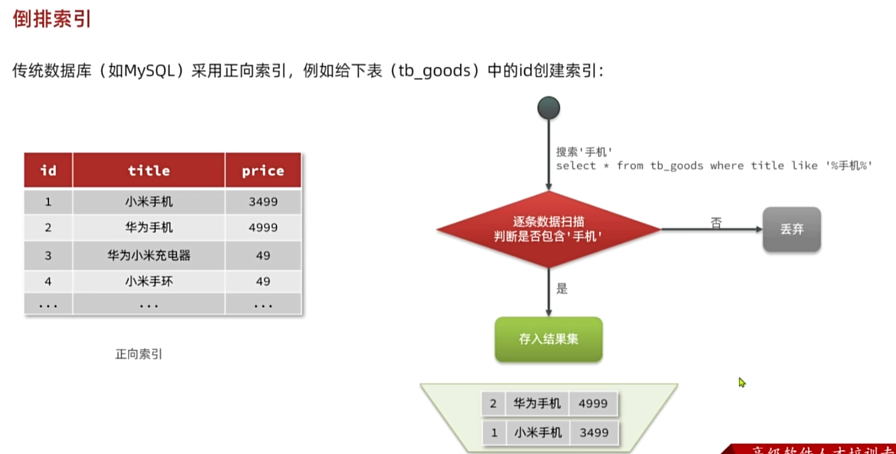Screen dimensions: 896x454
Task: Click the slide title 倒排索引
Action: (52, 18)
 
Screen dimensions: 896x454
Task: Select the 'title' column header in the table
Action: (149, 170)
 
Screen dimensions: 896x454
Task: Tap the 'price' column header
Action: (263, 170)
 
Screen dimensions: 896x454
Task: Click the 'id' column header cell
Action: (48, 170)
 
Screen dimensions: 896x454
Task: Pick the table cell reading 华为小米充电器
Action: (149, 256)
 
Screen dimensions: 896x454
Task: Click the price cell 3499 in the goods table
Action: (263, 202)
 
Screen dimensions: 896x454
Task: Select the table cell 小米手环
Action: (149, 282)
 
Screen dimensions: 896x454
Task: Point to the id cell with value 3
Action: (48, 256)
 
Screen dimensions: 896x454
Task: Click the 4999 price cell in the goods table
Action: (263, 228)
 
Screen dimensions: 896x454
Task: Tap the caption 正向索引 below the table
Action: (138, 354)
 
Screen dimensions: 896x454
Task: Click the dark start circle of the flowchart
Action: (549, 108)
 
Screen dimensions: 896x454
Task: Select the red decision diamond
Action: (549, 230)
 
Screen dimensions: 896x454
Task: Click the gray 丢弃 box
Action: (792, 229)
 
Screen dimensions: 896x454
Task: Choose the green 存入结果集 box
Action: (549, 339)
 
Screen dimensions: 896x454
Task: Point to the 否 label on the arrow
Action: (716, 222)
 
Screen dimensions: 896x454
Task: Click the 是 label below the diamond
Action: (562, 289)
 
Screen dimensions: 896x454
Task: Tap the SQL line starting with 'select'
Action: (714, 166)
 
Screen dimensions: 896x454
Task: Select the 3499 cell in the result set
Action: (593, 432)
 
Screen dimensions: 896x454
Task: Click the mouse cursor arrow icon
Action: (741, 382)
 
